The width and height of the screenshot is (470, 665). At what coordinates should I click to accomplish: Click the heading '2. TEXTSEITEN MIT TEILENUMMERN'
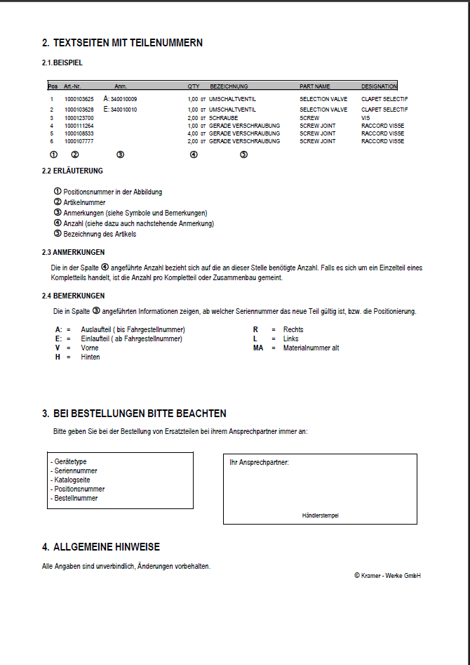[x=122, y=43]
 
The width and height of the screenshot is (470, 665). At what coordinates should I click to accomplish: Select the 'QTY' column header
[x=194, y=86]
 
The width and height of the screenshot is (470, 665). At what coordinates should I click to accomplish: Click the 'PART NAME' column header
[x=315, y=86]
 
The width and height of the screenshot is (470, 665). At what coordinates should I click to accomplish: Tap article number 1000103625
[x=79, y=99]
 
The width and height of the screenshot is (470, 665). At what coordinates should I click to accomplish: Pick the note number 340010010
[x=123, y=110]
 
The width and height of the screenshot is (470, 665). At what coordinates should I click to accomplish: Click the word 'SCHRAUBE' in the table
[x=224, y=118]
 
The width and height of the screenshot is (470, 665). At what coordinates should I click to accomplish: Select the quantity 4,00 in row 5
[x=193, y=133]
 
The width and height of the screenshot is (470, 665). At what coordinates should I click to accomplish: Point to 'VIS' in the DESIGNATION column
[x=365, y=118]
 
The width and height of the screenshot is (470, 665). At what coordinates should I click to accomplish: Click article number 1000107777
[x=79, y=141]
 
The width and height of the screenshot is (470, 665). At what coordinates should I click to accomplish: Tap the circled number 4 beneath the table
[x=194, y=154]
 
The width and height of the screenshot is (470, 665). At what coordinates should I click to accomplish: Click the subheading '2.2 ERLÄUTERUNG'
[x=72, y=171]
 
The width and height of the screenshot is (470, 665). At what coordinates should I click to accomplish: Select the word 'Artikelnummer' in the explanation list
[x=84, y=202]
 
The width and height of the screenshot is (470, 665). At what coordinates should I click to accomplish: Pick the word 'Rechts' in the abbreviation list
[x=293, y=329]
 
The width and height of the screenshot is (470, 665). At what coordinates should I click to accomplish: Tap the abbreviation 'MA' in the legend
[x=257, y=348]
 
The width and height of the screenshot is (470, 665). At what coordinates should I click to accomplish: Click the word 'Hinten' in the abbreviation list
[x=90, y=357]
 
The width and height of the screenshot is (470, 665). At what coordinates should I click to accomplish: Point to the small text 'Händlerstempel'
[x=320, y=515]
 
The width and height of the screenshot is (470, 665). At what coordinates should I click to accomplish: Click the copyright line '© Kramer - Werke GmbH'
[x=387, y=576]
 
